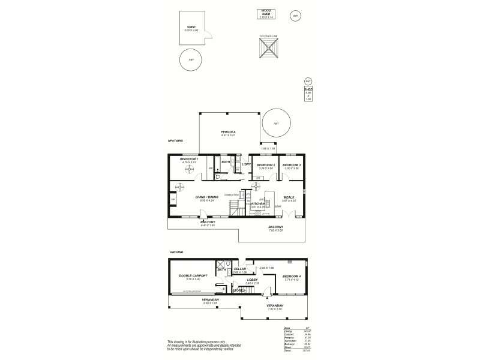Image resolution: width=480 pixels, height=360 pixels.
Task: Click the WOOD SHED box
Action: coord(265,14)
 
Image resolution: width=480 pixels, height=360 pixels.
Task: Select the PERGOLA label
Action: coord(227,131)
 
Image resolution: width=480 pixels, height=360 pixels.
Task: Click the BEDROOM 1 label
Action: coord(190,159)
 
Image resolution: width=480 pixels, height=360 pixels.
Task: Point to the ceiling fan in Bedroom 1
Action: coord(190,170)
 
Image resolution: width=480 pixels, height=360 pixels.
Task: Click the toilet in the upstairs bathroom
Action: coord(218,178)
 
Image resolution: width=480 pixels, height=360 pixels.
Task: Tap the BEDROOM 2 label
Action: coord(265,165)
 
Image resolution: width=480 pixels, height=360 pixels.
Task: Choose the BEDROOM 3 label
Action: coord(292,165)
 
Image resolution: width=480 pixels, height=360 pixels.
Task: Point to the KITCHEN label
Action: coord(257,204)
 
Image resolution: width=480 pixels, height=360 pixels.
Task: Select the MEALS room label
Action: coord(289,197)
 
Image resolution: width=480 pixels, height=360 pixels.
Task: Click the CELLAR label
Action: coord(240,269)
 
